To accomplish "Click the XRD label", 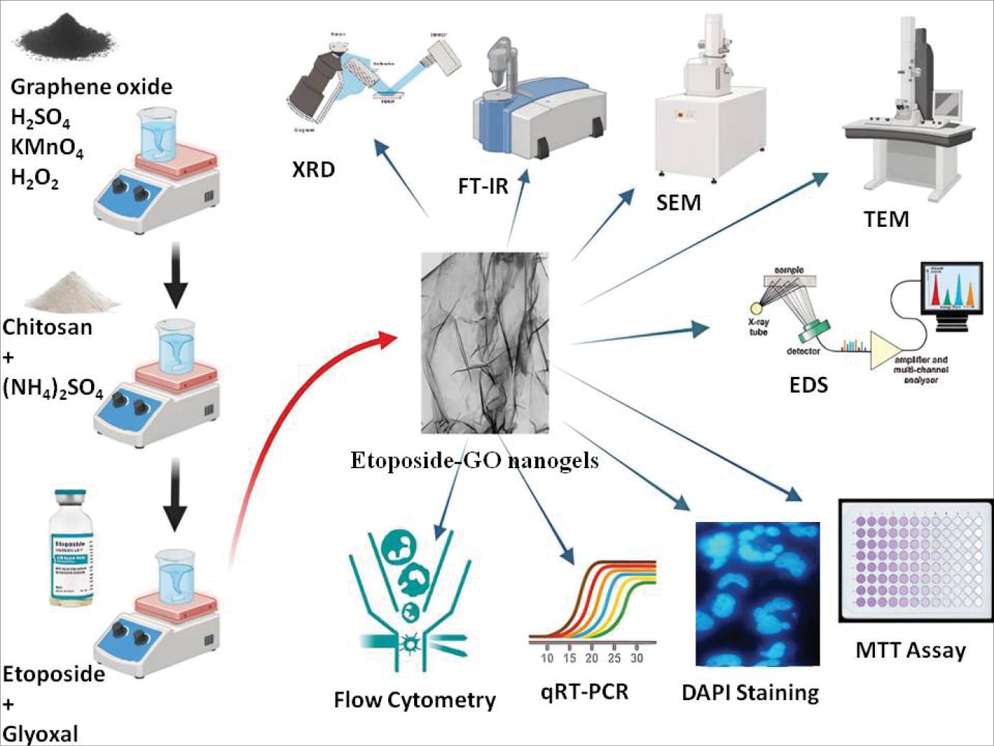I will [x=314, y=170].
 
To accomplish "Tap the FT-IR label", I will [x=483, y=187].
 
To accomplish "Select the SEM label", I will [x=678, y=203].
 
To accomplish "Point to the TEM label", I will [x=886, y=219].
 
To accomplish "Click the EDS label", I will [x=808, y=385].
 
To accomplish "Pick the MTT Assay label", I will [x=910, y=651].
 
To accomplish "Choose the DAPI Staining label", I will [x=750, y=693].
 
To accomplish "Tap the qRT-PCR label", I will [x=584, y=691].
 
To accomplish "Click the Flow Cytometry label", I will [x=414, y=700].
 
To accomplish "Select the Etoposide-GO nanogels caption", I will [x=474, y=460].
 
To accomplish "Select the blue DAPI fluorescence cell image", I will [x=757, y=594].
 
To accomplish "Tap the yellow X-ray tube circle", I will [x=756, y=308].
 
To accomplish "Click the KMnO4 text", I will [x=47, y=148].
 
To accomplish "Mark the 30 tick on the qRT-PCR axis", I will [x=636, y=658].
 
